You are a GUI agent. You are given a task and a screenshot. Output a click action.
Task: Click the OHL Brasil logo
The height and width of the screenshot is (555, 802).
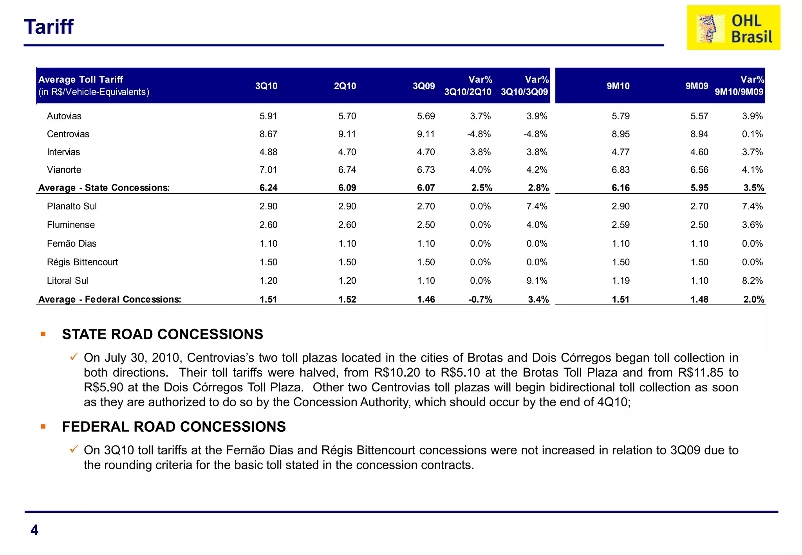(733, 28)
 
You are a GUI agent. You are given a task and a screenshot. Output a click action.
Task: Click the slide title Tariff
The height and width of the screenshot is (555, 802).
(49, 27)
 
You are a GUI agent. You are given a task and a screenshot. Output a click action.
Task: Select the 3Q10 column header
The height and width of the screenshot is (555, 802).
(266, 86)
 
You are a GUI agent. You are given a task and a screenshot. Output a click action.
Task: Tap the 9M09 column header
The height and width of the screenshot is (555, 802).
(697, 86)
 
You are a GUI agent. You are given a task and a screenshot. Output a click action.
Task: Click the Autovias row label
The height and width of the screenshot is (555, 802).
(64, 116)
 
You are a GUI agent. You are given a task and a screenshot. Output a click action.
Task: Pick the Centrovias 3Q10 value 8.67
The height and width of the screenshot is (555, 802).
(268, 134)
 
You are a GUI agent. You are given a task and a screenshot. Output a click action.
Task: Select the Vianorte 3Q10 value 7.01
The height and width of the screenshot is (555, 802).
(268, 170)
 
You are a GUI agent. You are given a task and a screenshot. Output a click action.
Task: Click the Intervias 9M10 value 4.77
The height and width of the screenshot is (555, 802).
(620, 152)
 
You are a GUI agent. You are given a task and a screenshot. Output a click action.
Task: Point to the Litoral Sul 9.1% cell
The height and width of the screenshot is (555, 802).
(536, 281)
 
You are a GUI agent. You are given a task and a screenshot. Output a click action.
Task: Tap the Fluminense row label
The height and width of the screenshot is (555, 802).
(71, 225)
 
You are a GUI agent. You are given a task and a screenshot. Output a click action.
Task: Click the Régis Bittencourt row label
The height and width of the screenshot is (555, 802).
(82, 262)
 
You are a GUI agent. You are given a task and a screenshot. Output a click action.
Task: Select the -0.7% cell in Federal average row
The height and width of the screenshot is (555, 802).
(480, 299)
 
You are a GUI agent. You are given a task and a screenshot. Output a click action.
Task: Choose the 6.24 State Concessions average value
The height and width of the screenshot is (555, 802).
(268, 188)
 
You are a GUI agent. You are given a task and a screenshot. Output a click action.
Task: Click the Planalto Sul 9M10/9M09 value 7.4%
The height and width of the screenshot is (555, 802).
(752, 206)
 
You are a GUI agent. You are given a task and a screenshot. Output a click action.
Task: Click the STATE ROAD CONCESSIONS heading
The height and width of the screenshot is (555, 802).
(163, 334)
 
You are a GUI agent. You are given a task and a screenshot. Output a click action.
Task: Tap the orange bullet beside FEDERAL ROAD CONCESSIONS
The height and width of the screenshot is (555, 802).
(43, 427)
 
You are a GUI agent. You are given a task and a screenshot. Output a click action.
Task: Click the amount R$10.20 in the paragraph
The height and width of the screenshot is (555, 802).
(397, 373)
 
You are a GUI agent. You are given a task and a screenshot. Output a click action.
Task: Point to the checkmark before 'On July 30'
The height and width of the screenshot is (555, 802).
(74, 357)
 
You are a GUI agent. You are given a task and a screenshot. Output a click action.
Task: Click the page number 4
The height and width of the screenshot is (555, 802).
(34, 530)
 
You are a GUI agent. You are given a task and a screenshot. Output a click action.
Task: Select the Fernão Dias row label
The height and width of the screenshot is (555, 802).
(72, 244)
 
